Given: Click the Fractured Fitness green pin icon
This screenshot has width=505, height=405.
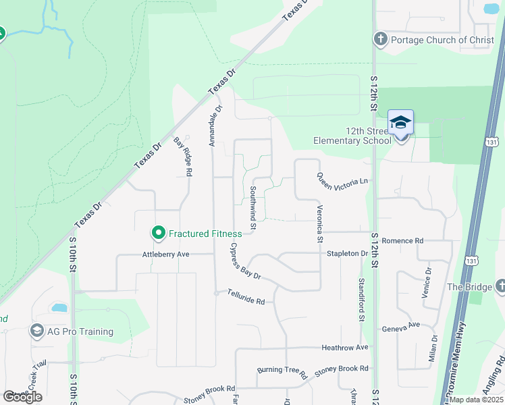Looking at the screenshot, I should pyautogui.click(x=159, y=234).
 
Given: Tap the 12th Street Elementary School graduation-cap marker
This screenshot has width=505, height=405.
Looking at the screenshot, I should pyautogui.click(x=400, y=123).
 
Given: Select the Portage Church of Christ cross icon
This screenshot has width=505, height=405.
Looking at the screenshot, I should pyautogui.click(x=380, y=39).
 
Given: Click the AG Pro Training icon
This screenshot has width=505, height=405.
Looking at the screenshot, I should pyautogui.click(x=36, y=331).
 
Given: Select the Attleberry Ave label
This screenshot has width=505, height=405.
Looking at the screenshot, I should pyautogui.click(x=165, y=254).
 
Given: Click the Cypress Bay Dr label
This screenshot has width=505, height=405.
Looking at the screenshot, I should pyautogui.click(x=245, y=263).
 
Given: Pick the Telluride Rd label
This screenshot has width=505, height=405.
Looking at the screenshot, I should pyautogui.click(x=246, y=297).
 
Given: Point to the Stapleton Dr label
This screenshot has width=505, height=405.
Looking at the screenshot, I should pyautogui.click(x=347, y=254).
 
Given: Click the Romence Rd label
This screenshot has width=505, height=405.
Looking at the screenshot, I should pyautogui.click(x=402, y=240).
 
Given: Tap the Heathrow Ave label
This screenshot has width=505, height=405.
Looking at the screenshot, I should pyautogui.click(x=345, y=348).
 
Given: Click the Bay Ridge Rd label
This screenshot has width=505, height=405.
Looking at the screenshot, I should pyautogui.click(x=183, y=157).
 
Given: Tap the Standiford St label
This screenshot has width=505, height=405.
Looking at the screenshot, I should pyautogui.click(x=361, y=298).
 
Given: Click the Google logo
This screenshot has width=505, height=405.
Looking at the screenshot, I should pyautogui.click(x=22, y=397).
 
